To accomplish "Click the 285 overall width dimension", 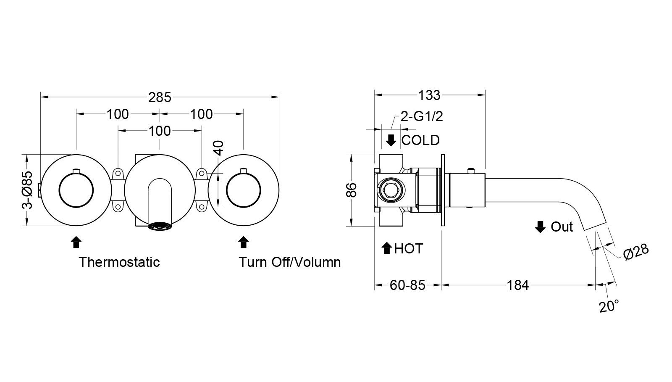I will [x=160, y=97].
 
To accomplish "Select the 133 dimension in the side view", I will [x=429, y=95].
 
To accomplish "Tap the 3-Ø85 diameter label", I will [x=27, y=190].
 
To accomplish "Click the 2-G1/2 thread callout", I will [x=422, y=116].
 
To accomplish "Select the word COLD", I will [x=420, y=140].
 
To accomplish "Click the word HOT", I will [x=409, y=249].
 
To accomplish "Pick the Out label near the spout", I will [x=562, y=227].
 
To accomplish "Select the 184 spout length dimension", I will [x=517, y=285].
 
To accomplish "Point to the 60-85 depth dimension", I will [x=407, y=285].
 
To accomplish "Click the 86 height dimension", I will [x=352, y=190].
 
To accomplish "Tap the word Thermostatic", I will [x=120, y=262].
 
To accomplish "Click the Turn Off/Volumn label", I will [x=289, y=262].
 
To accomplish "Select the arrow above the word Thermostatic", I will [x=76, y=242].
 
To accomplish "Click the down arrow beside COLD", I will [x=391, y=140].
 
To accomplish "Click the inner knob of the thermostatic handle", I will [x=76, y=190].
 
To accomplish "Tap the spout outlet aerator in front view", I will [x=160, y=227].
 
